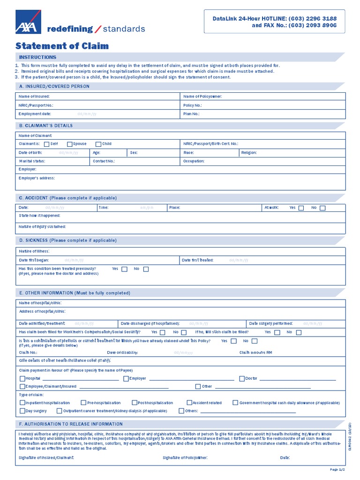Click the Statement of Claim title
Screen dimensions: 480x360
(x=62, y=45)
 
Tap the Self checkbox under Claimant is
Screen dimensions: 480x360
(x=46, y=144)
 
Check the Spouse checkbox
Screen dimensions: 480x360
(x=69, y=144)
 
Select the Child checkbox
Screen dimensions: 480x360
(x=98, y=144)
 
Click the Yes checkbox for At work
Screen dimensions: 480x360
(x=301, y=208)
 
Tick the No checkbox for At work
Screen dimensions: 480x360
(x=322, y=208)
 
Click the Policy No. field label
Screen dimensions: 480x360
(x=193, y=105)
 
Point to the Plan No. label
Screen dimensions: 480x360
(x=191, y=114)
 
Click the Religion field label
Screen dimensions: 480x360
(x=249, y=153)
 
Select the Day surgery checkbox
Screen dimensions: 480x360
(x=22, y=411)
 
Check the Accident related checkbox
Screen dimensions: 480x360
(x=189, y=403)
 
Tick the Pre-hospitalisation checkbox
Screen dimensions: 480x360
(x=83, y=403)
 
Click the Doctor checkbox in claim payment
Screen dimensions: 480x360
(x=242, y=378)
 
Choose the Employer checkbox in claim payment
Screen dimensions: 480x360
(x=126, y=378)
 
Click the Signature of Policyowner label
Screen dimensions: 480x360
(x=185, y=457)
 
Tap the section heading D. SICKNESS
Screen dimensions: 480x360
(x=67, y=240)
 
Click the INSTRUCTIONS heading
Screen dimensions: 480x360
(x=37, y=57)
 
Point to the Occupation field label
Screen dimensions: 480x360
(x=194, y=161)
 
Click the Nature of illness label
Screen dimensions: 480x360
(x=34, y=251)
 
